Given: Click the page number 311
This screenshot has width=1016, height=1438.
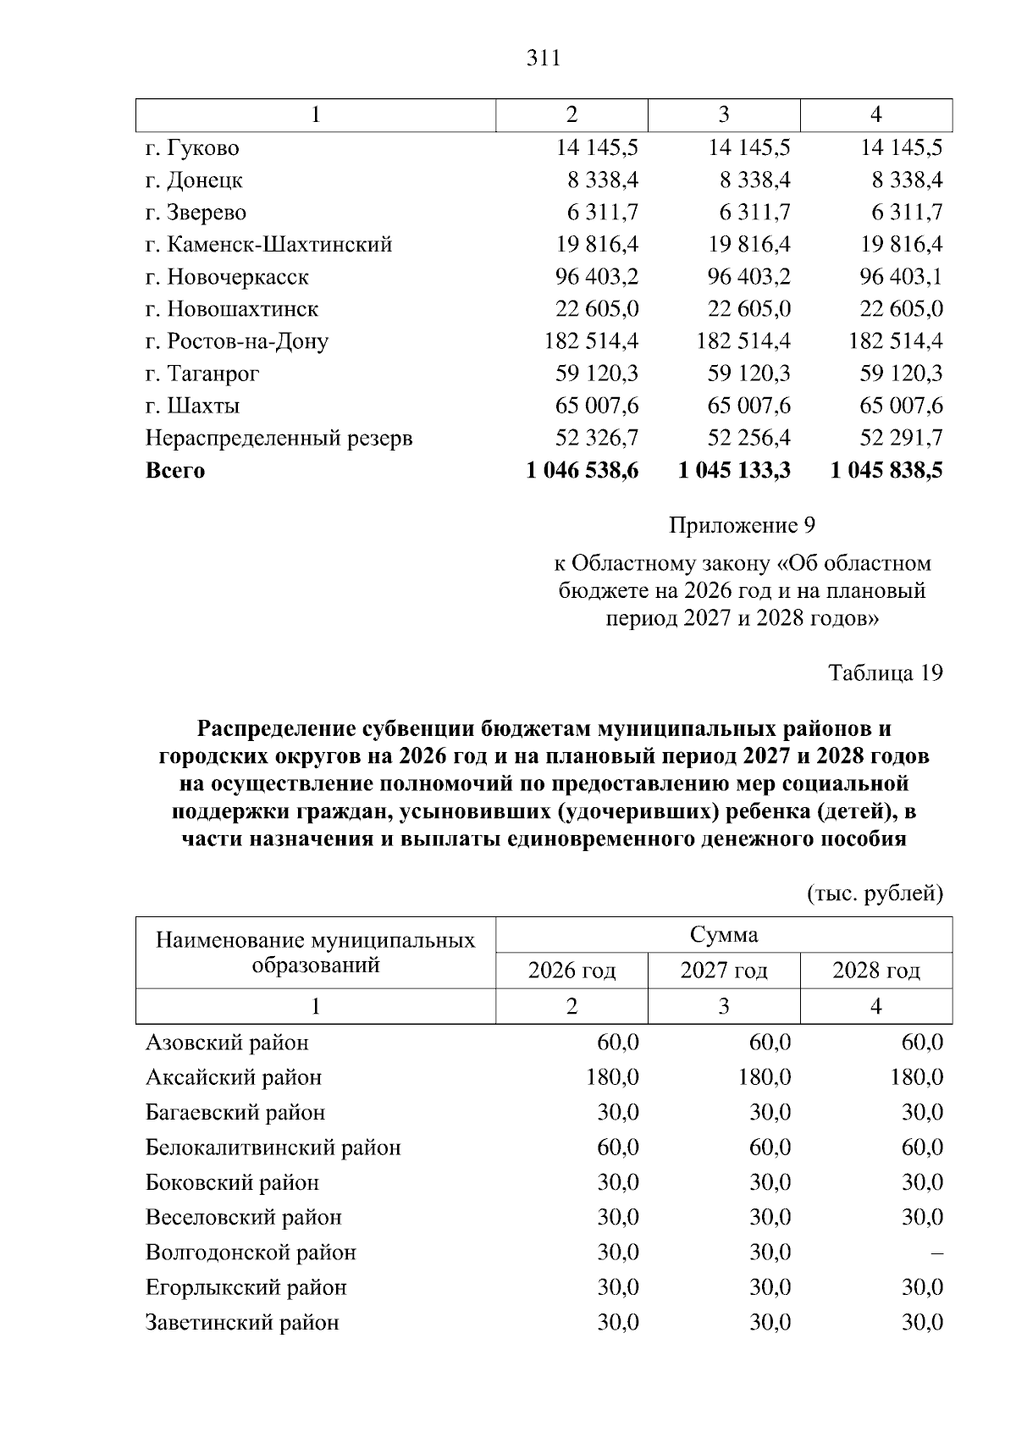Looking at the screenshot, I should (543, 58).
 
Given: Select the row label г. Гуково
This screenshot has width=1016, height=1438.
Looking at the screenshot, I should (192, 148).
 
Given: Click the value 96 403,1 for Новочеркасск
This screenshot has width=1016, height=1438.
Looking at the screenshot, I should (901, 277).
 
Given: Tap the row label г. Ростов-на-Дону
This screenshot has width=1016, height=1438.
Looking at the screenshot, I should (237, 341).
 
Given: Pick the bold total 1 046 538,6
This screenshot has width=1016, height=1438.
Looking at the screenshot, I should (583, 470).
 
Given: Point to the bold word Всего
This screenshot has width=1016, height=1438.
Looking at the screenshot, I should (175, 471).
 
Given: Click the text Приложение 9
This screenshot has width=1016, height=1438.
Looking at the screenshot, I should (742, 526).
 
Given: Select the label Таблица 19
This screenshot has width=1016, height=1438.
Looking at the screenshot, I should (885, 672).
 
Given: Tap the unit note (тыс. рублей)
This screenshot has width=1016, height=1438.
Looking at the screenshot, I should (875, 893).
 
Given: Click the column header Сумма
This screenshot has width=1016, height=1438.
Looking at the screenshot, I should (724, 935).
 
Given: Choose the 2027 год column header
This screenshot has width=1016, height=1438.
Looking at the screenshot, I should (724, 971).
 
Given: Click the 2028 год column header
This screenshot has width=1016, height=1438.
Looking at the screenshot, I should (876, 971).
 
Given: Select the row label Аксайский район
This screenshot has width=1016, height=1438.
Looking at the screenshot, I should (234, 1078).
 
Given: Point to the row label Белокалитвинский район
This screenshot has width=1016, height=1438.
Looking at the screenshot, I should (273, 1148).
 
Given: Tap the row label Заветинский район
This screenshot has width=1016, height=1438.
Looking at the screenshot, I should (242, 1323).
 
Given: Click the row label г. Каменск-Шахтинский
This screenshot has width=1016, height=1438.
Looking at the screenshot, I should (269, 245).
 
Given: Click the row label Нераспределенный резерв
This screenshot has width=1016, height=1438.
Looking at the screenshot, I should (279, 439).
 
